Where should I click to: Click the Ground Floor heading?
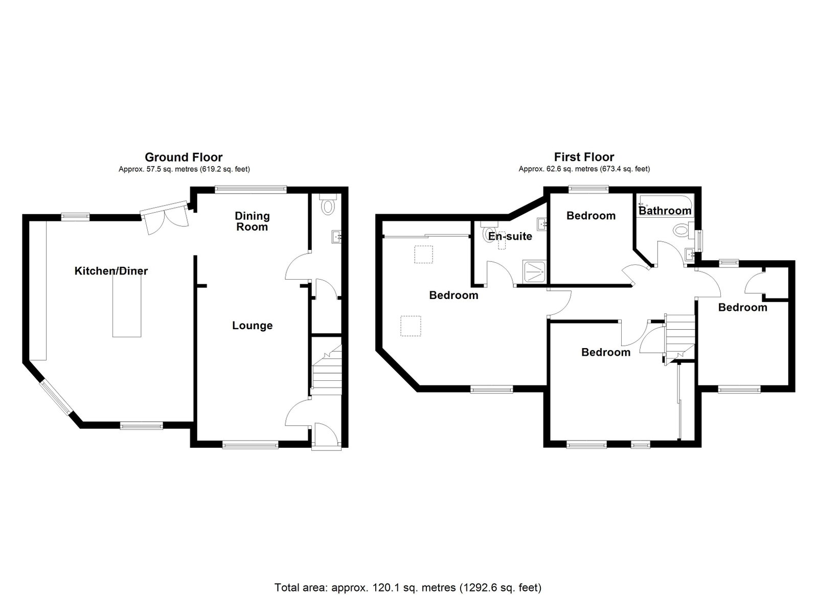click(x=184, y=157)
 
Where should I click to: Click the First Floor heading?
click(x=584, y=157)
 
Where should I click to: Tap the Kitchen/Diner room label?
click(x=111, y=271)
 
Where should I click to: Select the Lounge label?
click(x=253, y=326)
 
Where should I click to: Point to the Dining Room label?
click(x=252, y=221)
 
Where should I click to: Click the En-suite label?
click(x=510, y=236)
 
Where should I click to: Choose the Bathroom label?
click(x=665, y=211)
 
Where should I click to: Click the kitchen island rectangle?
click(x=127, y=305)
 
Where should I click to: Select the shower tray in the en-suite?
click(x=535, y=271)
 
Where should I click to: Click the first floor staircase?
click(x=680, y=339)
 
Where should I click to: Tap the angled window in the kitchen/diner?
click(x=56, y=398)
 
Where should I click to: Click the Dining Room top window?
click(x=251, y=189)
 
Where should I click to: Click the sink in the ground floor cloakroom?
click(x=337, y=237)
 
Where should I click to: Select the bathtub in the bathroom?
click(x=665, y=205)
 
